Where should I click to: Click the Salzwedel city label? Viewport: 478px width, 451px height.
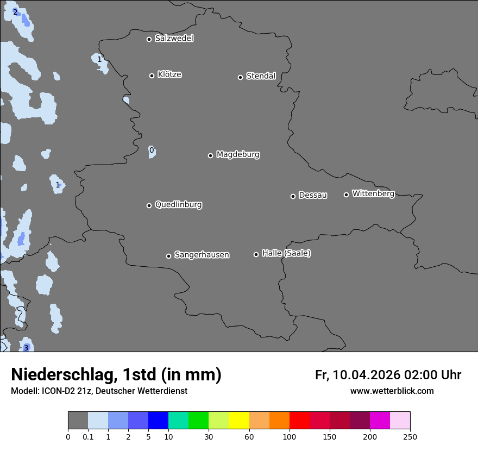pyautogui.click(x=174, y=39)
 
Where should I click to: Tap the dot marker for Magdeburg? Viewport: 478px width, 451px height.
pyautogui.click(x=210, y=155)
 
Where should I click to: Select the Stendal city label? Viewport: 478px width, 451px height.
pyautogui.click(x=261, y=76)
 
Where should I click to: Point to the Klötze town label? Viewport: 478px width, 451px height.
pyautogui.click(x=169, y=74)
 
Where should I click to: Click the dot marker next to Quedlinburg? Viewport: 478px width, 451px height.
pyautogui.click(x=149, y=205)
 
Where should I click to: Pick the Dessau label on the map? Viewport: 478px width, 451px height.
pyautogui.click(x=313, y=195)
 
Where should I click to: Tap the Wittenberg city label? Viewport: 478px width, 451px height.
pyautogui.click(x=373, y=193)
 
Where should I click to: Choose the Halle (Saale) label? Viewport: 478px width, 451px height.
pyautogui.click(x=286, y=253)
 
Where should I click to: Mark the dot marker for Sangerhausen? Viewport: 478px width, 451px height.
pyautogui.click(x=168, y=256)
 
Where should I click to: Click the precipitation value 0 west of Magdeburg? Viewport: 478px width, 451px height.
pyautogui.click(x=152, y=150)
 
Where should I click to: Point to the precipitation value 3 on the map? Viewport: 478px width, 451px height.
pyautogui.click(x=26, y=348)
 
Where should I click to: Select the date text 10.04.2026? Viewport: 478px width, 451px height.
pyautogui.click(x=367, y=375)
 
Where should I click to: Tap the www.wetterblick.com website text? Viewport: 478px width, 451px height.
pyautogui.click(x=392, y=391)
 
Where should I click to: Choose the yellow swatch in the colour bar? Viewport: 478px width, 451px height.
pyautogui.click(x=239, y=421)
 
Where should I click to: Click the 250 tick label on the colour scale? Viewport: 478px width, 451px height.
pyautogui.click(x=410, y=437)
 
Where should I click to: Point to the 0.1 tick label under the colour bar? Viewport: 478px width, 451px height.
pyautogui.click(x=88, y=437)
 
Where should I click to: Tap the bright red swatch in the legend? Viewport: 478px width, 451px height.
pyautogui.click(x=299, y=421)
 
